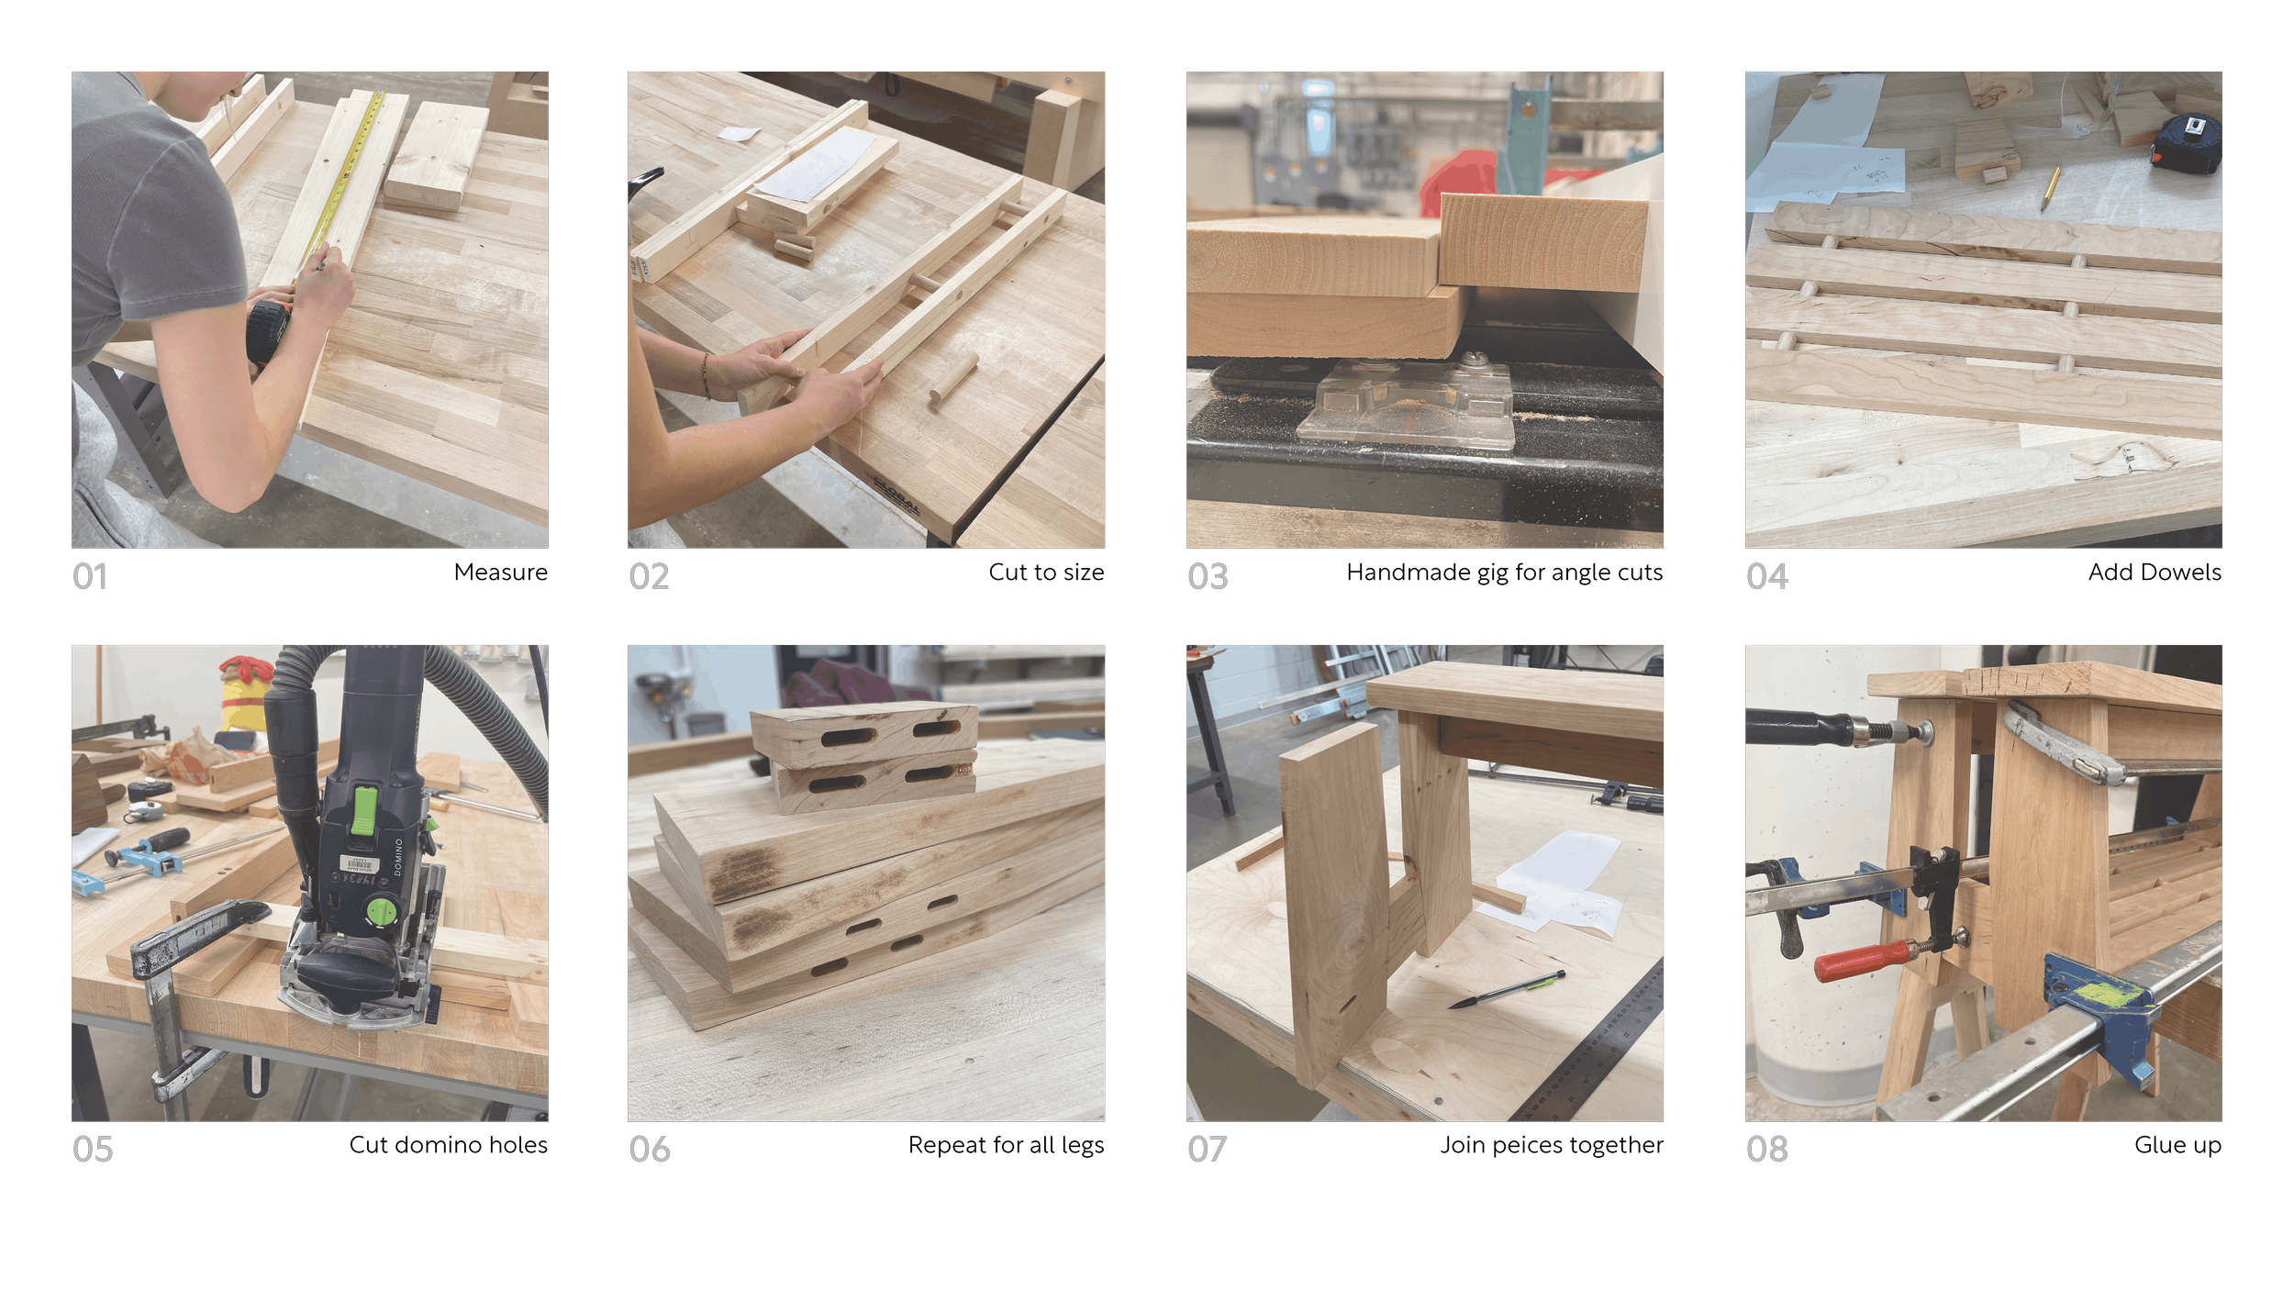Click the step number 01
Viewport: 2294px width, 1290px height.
click(90, 576)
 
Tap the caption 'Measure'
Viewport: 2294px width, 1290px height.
click(500, 572)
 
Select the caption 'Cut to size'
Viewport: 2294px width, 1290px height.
click(1046, 572)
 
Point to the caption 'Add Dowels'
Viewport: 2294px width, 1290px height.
click(2155, 572)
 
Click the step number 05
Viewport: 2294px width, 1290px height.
click(93, 1149)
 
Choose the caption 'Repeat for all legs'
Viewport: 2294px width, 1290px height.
click(1006, 1145)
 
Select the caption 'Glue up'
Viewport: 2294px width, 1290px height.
click(2177, 1145)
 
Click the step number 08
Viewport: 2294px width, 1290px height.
click(1767, 1149)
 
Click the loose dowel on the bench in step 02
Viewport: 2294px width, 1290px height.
click(953, 378)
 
